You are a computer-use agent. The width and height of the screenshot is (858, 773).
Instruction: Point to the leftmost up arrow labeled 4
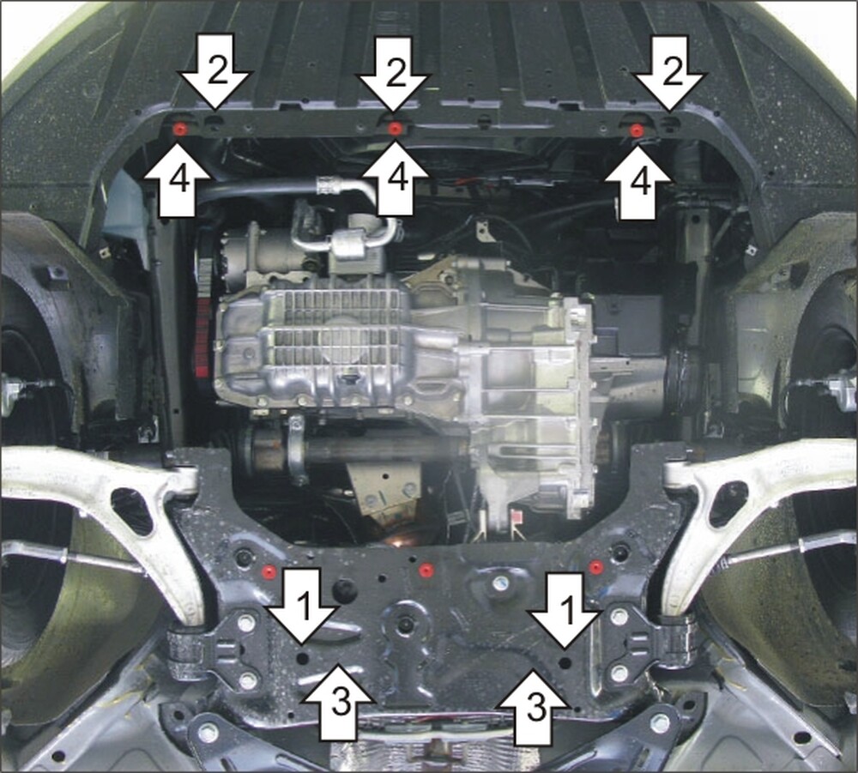click(x=178, y=179)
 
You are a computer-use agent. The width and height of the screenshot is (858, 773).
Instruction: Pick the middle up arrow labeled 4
click(x=395, y=178)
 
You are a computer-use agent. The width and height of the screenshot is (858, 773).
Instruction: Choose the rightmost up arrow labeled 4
click(x=638, y=182)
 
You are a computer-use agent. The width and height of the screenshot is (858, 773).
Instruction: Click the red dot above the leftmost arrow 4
click(x=179, y=130)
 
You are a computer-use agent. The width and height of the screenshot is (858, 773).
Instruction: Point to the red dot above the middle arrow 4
click(x=395, y=129)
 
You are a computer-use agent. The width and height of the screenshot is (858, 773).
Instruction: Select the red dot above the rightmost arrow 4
click(x=636, y=130)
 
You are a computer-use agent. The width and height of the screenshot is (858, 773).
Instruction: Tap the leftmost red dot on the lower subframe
click(x=268, y=571)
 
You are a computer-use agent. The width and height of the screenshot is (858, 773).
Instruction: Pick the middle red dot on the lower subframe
click(x=424, y=571)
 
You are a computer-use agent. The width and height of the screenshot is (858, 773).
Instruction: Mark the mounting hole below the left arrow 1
click(x=303, y=657)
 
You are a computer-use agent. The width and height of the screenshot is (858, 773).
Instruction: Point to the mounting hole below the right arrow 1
click(x=566, y=662)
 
